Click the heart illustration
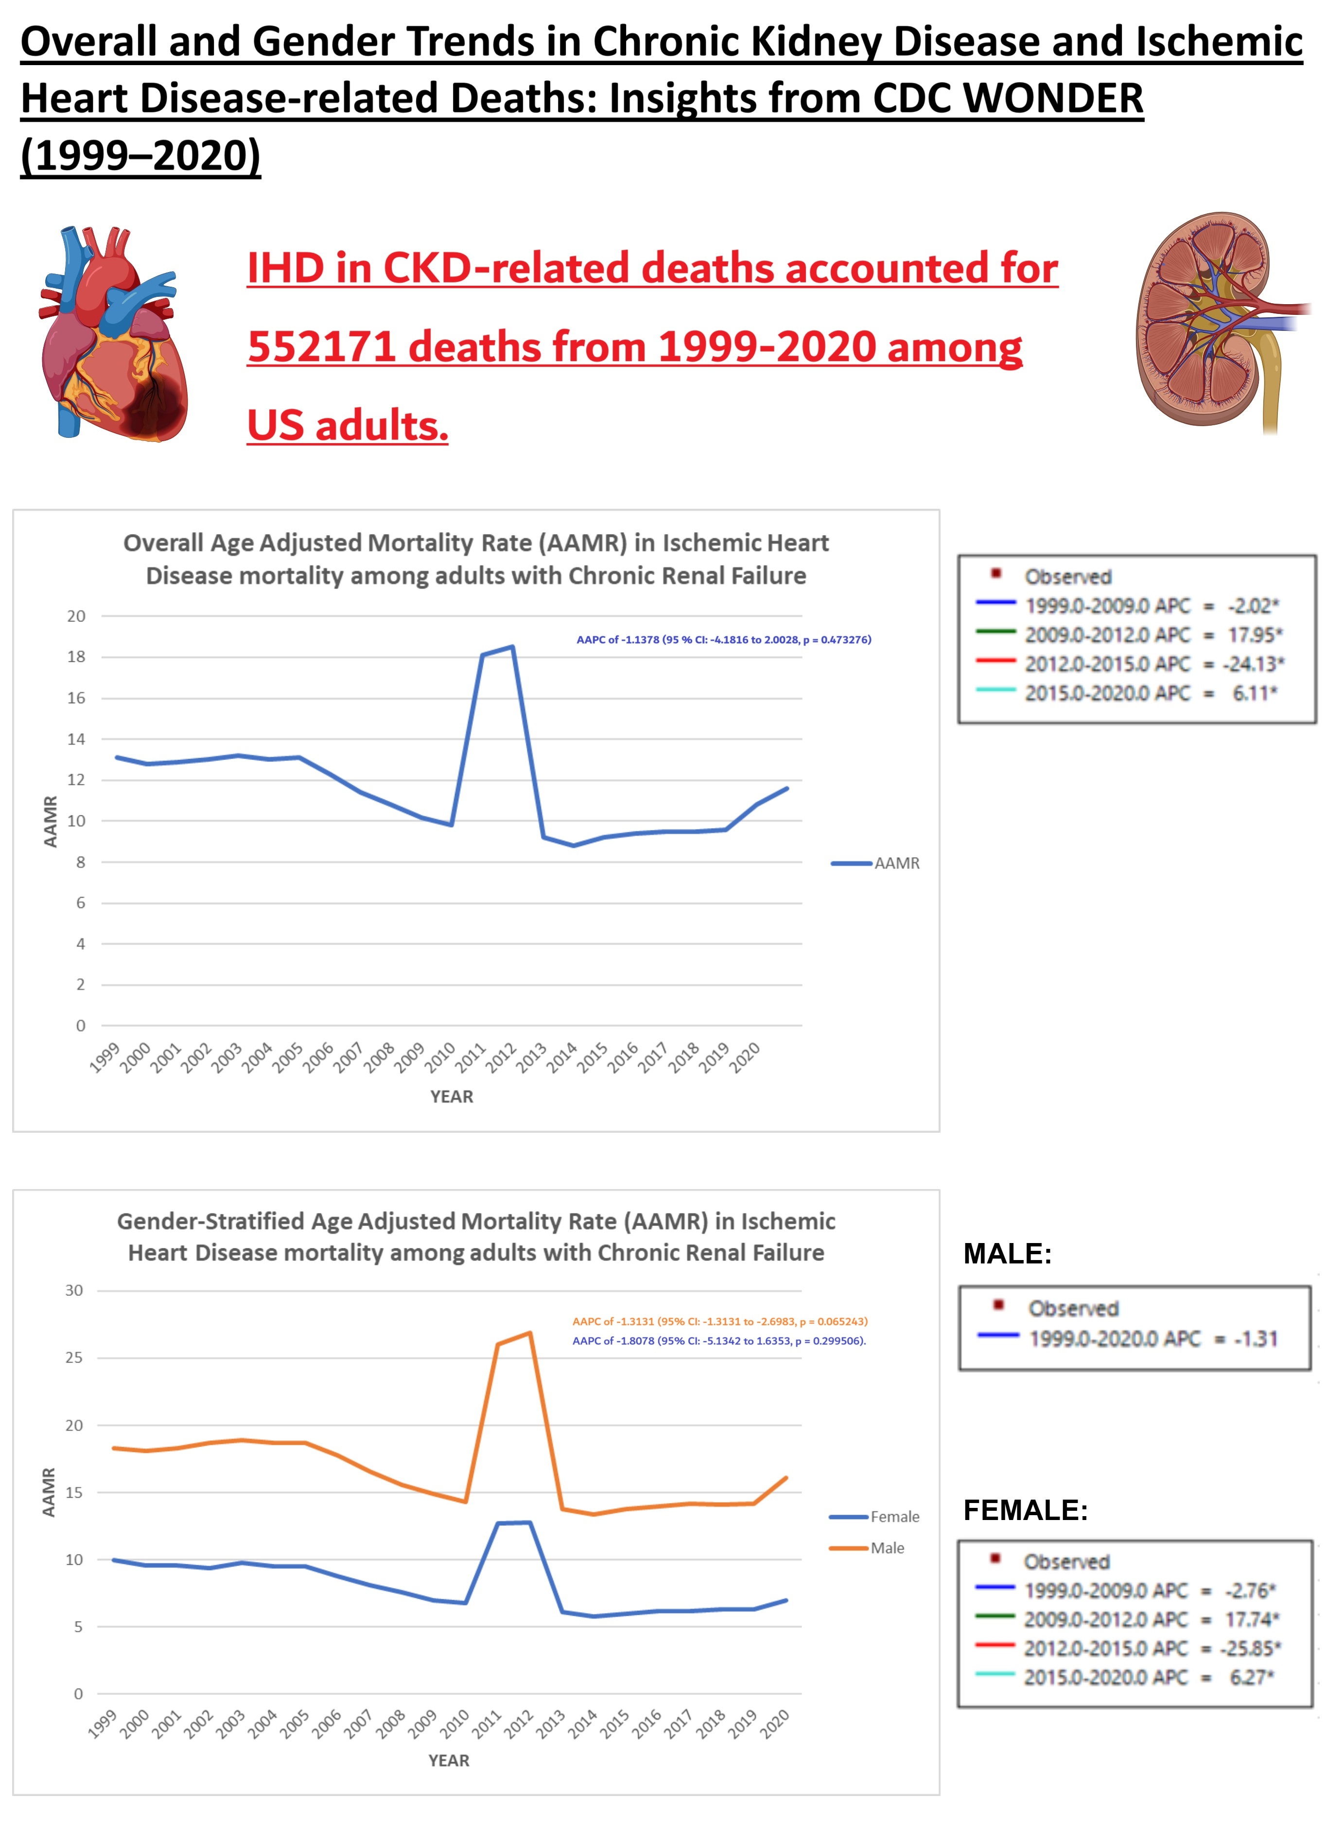[114, 333]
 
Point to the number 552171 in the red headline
[322, 347]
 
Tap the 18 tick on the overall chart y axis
[76, 657]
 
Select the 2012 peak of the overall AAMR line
[512, 647]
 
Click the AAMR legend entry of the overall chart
[876, 863]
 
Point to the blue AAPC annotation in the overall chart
[724, 639]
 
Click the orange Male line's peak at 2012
[530, 1333]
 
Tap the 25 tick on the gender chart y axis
[74, 1357]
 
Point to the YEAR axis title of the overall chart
[451, 1096]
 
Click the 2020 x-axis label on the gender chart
[775, 1723]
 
